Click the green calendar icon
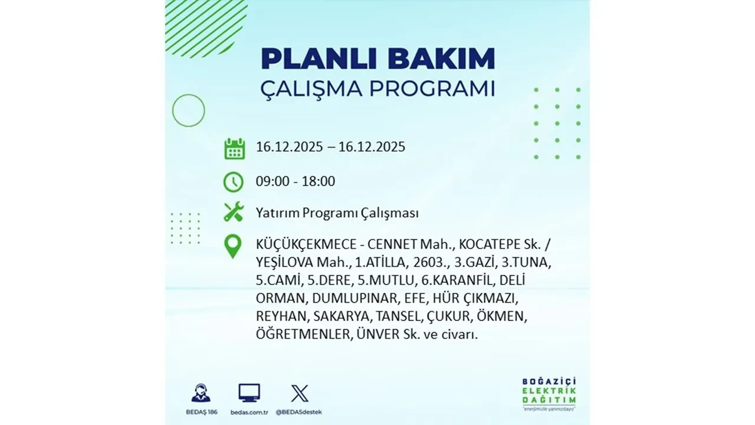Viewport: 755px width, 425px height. [x=234, y=148]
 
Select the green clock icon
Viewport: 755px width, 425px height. [x=234, y=182]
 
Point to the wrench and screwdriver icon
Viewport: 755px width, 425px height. [x=234, y=212]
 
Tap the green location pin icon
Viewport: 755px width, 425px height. [x=234, y=246]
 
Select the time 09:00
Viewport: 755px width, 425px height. [x=273, y=181]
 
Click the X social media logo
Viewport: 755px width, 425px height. [x=299, y=393]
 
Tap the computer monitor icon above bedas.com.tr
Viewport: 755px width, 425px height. [x=249, y=393]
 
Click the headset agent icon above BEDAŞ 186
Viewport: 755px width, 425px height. [x=201, y=393]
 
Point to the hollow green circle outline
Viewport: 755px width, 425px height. [x=188, y=110]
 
